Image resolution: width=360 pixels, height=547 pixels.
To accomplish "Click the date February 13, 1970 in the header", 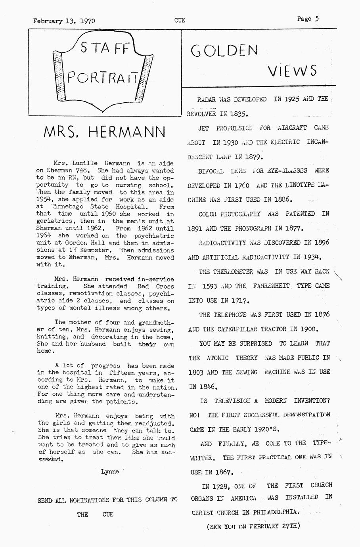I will [64, 21].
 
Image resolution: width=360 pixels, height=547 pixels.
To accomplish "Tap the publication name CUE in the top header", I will [180, 20].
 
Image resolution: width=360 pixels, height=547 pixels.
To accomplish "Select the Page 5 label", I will [308, 19].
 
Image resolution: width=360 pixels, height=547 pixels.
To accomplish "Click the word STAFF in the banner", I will [104, 49].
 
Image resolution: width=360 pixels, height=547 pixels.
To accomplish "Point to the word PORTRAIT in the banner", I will [103, 77].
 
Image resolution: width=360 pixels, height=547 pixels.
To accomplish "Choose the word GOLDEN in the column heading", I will [224, 50].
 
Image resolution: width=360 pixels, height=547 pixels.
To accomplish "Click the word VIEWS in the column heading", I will [292, 71].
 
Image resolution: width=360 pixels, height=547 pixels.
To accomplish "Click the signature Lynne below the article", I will [110, 472].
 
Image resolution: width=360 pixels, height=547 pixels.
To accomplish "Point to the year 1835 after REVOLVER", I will [239, 114].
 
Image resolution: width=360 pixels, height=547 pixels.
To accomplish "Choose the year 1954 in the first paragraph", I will [44, 199].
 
